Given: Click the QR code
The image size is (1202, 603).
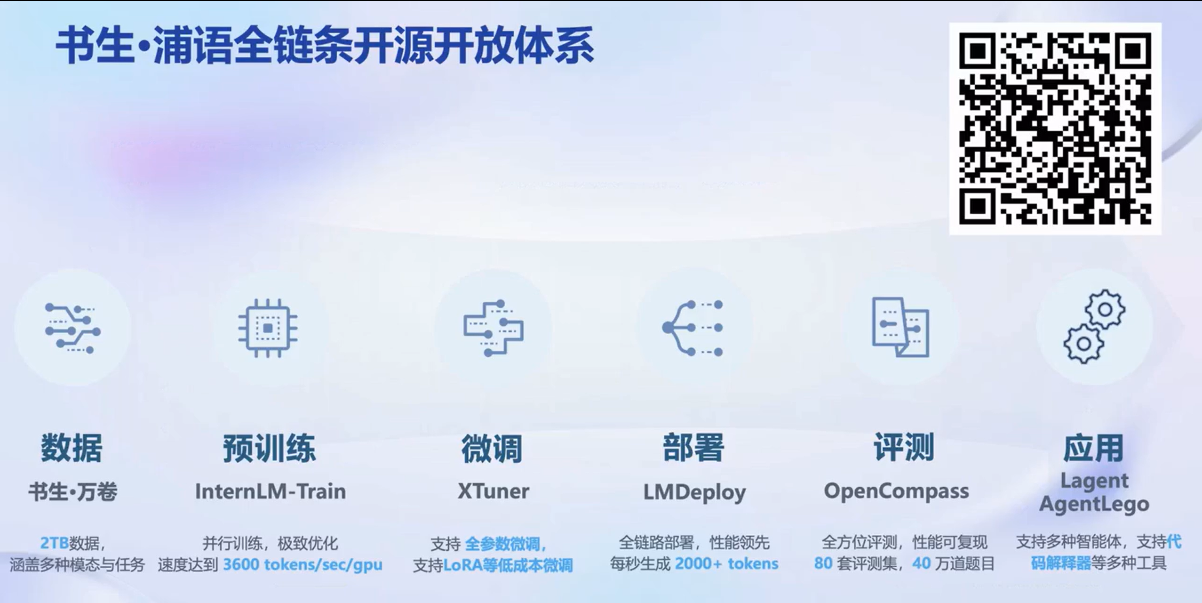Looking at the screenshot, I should click(x=1055, y=128).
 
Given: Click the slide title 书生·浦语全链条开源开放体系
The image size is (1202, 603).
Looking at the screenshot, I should click(x=325, y=46).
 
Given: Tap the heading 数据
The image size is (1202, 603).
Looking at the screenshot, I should click(x=72, y=448).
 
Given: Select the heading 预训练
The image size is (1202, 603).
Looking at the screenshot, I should click(x=270, y=449).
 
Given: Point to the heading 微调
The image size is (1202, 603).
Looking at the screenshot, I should click(x=492, y=449).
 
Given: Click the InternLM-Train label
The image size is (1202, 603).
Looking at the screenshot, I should click(x=271, y=491).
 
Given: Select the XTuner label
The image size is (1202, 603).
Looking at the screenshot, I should click(x=493, y=491).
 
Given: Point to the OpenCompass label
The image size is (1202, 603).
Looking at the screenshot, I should click(x=896, y=491).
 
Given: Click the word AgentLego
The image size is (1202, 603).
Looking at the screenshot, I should click(x=1094, y=504).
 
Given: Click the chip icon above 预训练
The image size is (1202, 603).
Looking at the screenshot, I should click(x=268, y=328).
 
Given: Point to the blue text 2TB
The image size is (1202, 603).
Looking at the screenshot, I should click(x=55, y=543).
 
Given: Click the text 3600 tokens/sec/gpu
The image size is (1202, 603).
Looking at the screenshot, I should click(x=302, y=564).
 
